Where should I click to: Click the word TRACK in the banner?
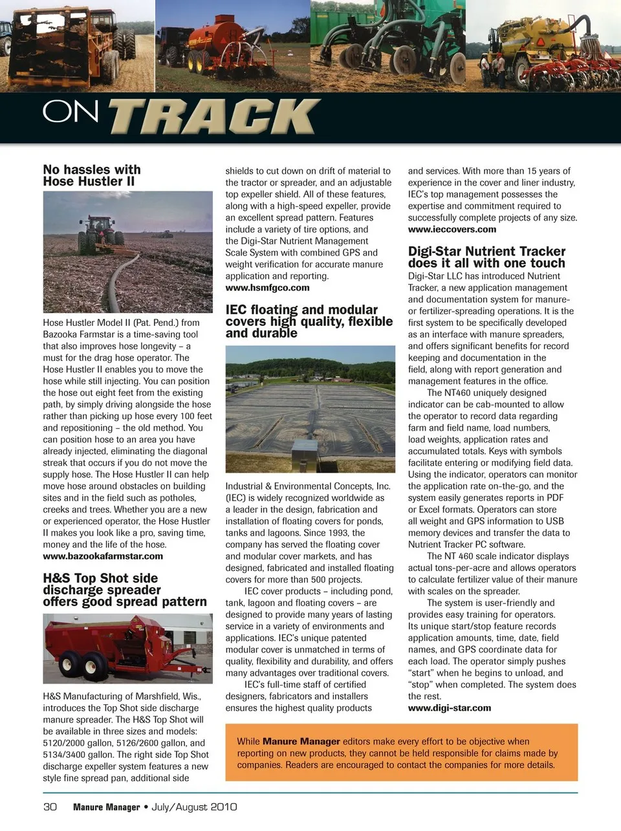pyautogui.click(x=214, y=116)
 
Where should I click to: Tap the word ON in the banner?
pyautogui.click(x=71, y=113)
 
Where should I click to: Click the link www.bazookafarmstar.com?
pyautogui.click(x=103, y=556)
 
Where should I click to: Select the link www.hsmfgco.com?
pyautogui.click(x=267, y=288)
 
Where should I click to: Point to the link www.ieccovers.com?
pyautogui.click(x=452, y=229)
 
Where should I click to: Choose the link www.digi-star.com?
pyautogui.click(x=449, y=708)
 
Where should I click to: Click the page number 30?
pyautogui.click(x=50, y=807)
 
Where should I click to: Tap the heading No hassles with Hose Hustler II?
pyautogui.click(x=91, y=175)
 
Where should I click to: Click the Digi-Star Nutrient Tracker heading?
pyautogui.click(x=486, y=257)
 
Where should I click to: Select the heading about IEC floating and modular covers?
pyautogui.click(x=309, y=321)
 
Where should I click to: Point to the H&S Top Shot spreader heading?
pyautogui.click(x=125, y=590)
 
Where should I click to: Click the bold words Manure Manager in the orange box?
pyautogui.click(x=301, y=742)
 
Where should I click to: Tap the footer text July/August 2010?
pyautogui.click(x=194, y=807)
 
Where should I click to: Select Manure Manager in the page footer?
pyautogui.click(x=106, y=807)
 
